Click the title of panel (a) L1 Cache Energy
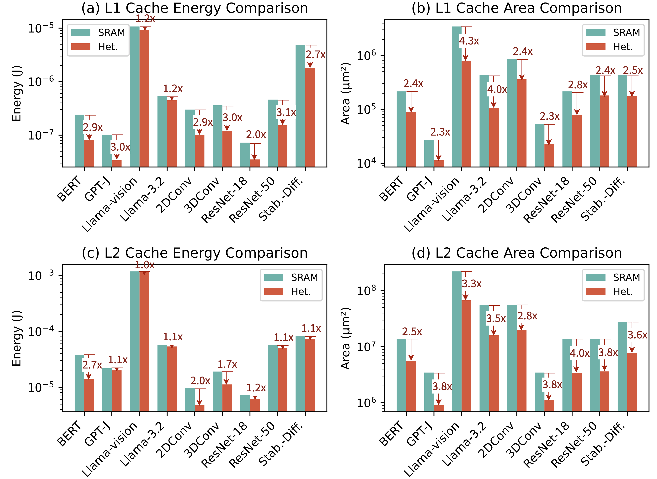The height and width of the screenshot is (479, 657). [195, 8]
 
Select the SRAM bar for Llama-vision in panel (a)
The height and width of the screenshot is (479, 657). [134, 96]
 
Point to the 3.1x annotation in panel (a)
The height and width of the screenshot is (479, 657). [286, 112]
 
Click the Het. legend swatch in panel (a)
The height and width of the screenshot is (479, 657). [81, 47]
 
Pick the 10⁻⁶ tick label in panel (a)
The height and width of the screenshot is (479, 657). [41, 82]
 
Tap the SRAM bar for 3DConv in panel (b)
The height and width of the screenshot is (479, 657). [539, 145]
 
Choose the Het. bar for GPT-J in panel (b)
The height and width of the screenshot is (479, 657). [439, 163]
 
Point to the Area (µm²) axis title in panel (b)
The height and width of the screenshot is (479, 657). [345, 93]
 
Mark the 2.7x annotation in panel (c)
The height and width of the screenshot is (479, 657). [92, 365]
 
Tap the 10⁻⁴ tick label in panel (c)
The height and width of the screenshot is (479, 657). [41, 331]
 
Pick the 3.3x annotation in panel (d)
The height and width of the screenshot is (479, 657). [472, 284]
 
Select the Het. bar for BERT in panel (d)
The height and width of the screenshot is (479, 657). [411, 386]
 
